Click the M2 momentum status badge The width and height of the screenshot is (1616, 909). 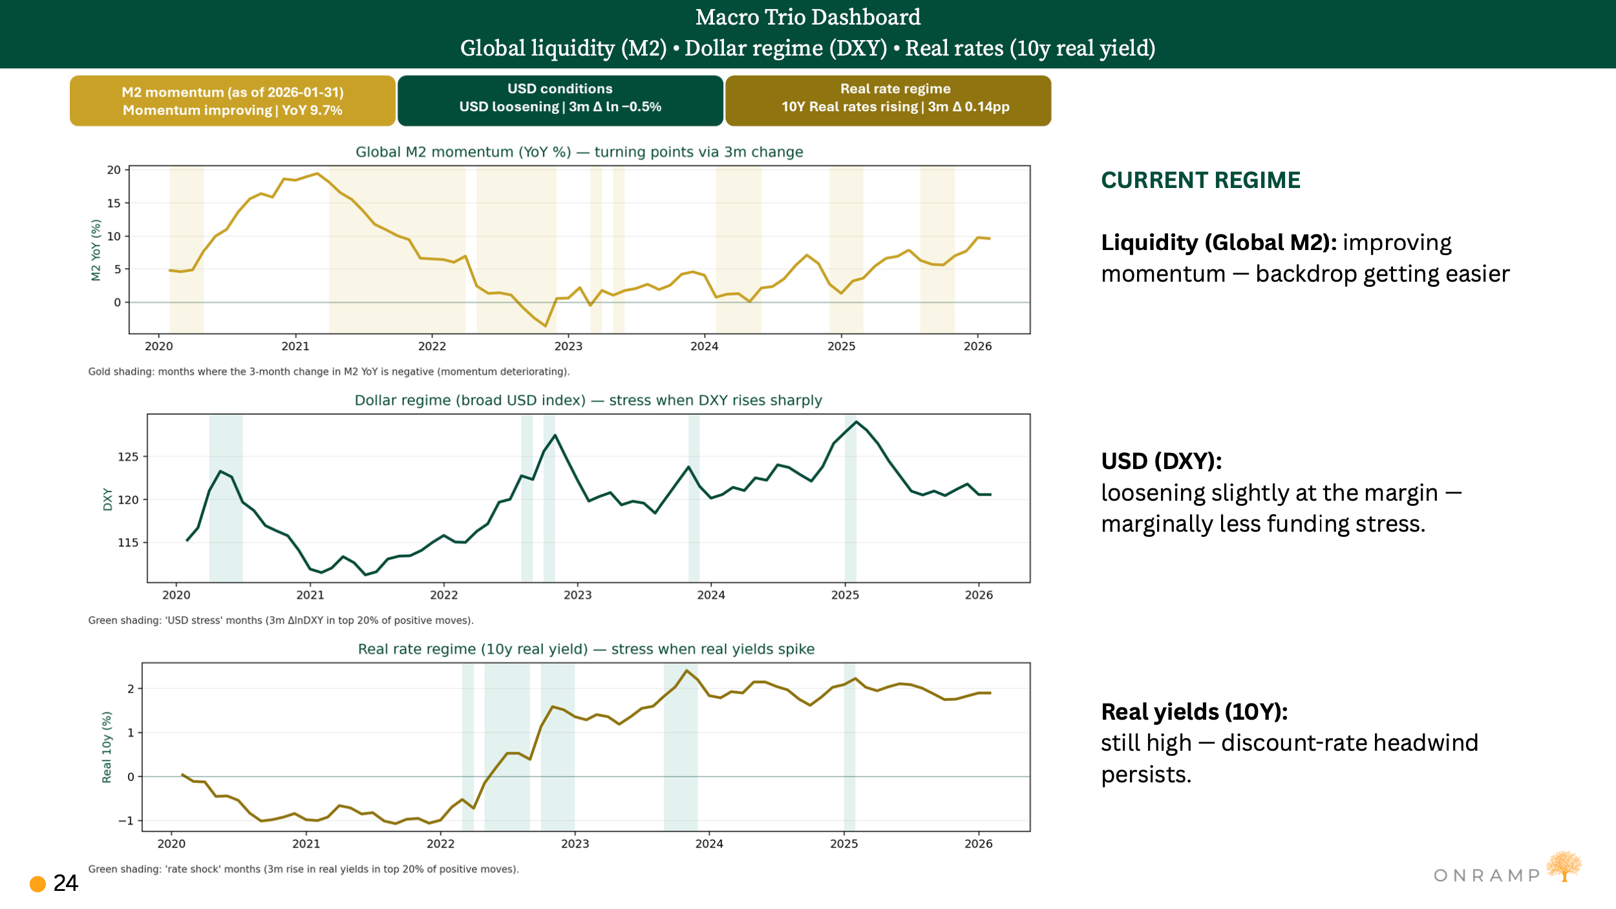click(233, 101)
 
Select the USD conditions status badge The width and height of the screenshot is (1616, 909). click(560, 100)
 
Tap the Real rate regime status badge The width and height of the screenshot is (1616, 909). click(888, 100)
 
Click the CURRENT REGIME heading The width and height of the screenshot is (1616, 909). click(1200, 180)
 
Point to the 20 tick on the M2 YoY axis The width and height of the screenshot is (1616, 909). click(114, 170)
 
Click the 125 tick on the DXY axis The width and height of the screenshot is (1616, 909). click(128, 457)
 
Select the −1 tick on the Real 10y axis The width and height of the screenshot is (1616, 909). click(125, 820)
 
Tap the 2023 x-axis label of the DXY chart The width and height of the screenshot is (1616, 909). click(577, 595)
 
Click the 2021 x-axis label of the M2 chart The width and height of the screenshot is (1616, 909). click(295, 346)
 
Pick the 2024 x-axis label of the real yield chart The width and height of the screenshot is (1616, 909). click(709, 844)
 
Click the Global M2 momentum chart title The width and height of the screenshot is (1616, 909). click(579, 152)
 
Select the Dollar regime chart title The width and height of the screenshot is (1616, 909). click(588, 401)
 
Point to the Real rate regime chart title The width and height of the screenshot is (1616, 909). click(586, 649)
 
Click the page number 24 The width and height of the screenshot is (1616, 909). click(65, 883)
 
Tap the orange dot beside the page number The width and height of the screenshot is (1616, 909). click(38, 884)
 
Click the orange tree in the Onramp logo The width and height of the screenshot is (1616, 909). click(1564, 866)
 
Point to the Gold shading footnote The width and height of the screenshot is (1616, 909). click(328, 371)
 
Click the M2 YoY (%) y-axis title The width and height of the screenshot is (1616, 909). click(96, 250)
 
